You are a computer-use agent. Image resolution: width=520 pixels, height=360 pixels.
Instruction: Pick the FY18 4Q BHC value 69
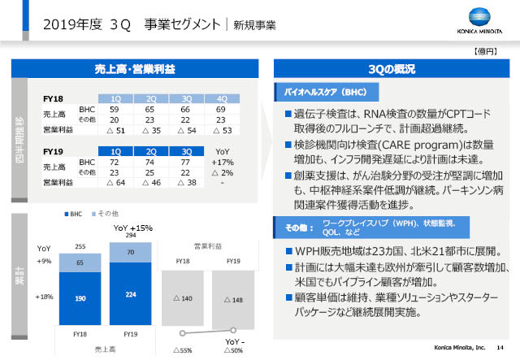[220, 109]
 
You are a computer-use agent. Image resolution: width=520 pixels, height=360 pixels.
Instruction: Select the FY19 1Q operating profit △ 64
[115, 184]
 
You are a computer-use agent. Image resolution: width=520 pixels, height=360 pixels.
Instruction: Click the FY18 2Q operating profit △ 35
[150, 129]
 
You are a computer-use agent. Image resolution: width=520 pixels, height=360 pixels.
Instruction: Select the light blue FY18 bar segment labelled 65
[80, 263]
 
